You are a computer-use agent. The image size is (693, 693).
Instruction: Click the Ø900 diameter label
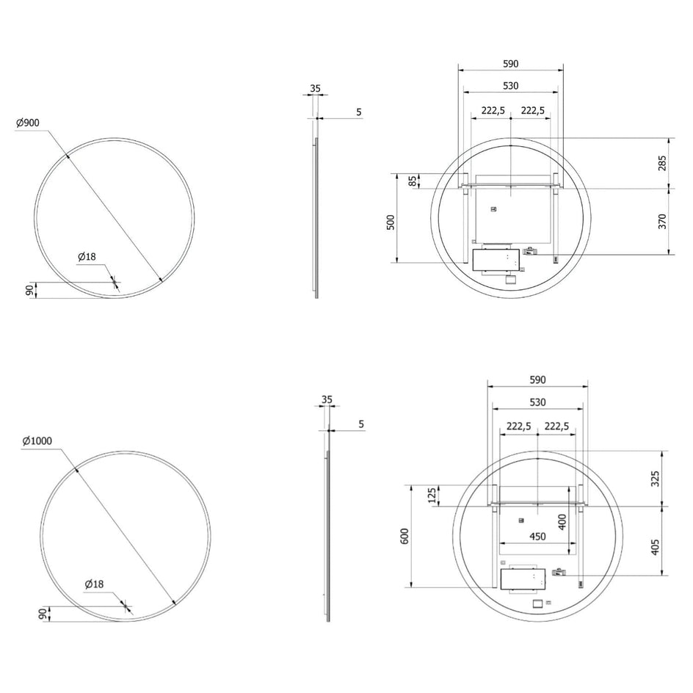click(27, 123)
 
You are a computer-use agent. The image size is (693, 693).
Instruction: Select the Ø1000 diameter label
click(37, 440)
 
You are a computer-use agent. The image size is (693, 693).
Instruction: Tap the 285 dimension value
click(662, 163)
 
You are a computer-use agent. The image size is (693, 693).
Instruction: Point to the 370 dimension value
click(662, 222)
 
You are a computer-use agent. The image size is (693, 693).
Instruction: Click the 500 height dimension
click(391, 222)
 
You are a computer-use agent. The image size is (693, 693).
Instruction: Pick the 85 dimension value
click(412, 181)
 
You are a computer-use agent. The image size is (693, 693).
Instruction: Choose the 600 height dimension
click(404, 536)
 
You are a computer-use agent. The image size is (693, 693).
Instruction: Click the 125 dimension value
click(433, 496)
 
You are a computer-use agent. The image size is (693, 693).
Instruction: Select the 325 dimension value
click(655, 479)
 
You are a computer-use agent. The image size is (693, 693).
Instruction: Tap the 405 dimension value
click(655, 547)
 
